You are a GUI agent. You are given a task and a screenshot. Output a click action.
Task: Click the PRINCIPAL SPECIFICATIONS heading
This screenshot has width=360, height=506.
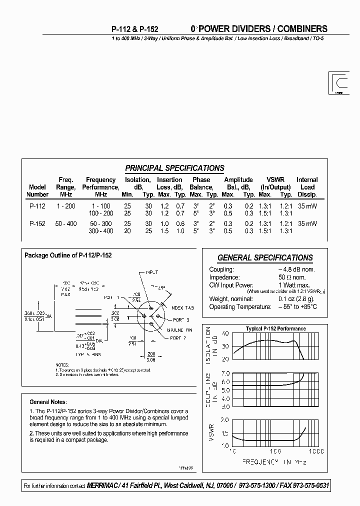click(174, 168)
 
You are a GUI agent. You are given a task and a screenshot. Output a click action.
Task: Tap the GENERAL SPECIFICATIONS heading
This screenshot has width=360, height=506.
click(265, 258)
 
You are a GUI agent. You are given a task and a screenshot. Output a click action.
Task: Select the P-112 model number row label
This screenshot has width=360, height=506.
click(37, 206)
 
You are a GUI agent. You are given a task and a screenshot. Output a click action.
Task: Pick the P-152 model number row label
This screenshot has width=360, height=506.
click(37, 224)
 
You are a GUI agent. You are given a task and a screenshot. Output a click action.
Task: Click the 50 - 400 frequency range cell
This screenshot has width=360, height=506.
click(66, 224)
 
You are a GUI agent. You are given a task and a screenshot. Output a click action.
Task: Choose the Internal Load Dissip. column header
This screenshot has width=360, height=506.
click(307, 187)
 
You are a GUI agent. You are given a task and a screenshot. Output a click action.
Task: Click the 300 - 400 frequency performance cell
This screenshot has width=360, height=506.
click(101, 231)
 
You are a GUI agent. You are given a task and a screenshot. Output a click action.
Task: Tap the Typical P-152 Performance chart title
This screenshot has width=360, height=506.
click(275, 328)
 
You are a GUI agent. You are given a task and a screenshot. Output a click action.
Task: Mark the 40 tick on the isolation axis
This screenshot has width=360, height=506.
click(224, 333)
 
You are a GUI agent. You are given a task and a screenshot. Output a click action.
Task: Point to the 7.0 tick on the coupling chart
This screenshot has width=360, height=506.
click(224, 373)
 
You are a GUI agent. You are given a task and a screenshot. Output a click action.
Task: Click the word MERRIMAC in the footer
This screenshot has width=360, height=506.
click(104, 486)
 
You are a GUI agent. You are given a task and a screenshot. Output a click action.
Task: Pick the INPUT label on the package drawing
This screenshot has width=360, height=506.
click(151, 272)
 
